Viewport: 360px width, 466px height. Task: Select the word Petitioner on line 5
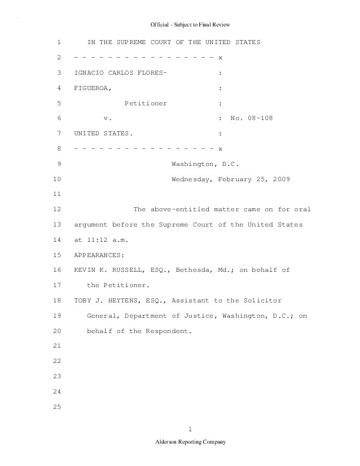(x=145, y=104)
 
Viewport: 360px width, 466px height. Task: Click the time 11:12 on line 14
(x=95, y=240)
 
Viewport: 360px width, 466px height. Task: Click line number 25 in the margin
(x=57, y=407)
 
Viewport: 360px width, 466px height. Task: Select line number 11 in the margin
(x=57, y=194)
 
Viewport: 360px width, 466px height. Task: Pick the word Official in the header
(x=160, y=25)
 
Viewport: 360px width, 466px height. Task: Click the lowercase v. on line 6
(x=108, y=119)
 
